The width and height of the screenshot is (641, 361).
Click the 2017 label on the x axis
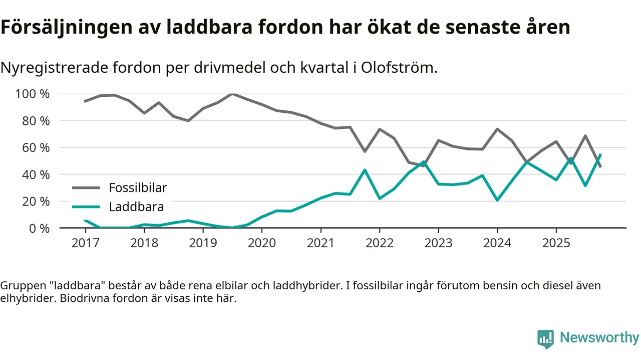click(x=85, y=243)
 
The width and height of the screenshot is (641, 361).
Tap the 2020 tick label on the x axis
click(x=262, y=243)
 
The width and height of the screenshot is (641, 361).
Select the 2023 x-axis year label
click(x=438, y=243)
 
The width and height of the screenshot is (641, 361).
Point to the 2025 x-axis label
click(x=556, y=243)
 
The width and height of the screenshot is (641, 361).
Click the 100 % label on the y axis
click(x=33, y=94)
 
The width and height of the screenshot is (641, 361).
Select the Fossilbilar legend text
click(x=138, y=188)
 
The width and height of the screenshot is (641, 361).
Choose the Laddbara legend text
click(x=136, y=207)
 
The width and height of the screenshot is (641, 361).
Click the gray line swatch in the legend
click(x=87, y=188)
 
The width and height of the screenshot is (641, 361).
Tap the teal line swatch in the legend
click(x=87, y=207)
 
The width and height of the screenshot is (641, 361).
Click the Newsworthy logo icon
click(x=545, y=339)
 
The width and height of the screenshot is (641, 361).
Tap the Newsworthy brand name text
click(x=599, y=338)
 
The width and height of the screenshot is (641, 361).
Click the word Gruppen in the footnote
click(x=21, y=286)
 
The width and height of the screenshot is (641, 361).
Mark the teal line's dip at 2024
click(x=497, y=200)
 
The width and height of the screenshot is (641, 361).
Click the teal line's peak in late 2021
click(x=365, y=170)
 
